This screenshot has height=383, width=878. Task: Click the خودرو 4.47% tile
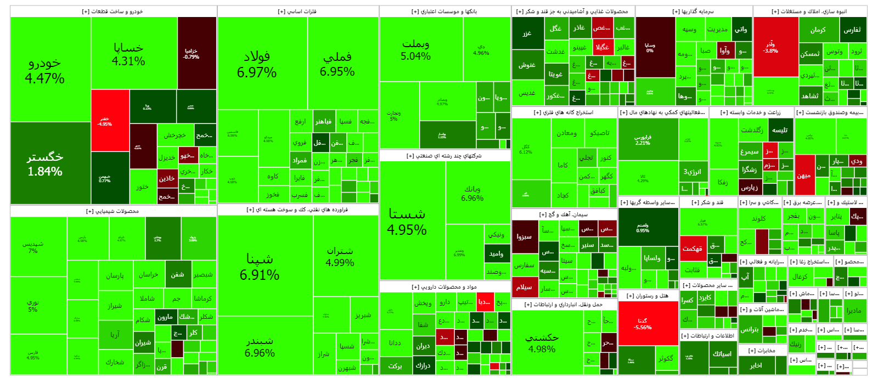click(x=45, y=70)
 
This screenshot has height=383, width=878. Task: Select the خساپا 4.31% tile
click(x=128, y=54)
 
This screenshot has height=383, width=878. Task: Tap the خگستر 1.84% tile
click(x=45, y=164)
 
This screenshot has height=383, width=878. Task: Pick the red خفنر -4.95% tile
click(x=110, y=121)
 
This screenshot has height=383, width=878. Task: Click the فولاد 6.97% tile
click(x=257, y=64)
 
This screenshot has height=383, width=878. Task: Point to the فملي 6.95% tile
click(x=337, y=64)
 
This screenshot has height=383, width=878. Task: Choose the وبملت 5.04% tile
click(x=415, y=49)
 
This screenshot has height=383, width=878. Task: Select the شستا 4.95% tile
click(x=407, y=221)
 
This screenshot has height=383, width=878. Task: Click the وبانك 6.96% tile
click(x=472, y=193)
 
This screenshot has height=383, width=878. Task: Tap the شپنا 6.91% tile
click(x=260, y=267)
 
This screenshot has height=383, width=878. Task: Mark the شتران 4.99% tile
click(x=340, y=256)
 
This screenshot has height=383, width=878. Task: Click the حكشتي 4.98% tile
click(x=542, y=343)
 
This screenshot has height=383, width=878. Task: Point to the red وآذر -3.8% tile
click(x=770, y=47)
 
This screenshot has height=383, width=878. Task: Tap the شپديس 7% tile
click(x=33, y=247)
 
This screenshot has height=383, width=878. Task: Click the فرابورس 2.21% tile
click(x=643, y=140)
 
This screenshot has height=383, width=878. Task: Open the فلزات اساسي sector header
click(x=297, y=12)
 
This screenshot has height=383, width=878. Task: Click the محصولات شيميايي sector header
click(x=112, y=211)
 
